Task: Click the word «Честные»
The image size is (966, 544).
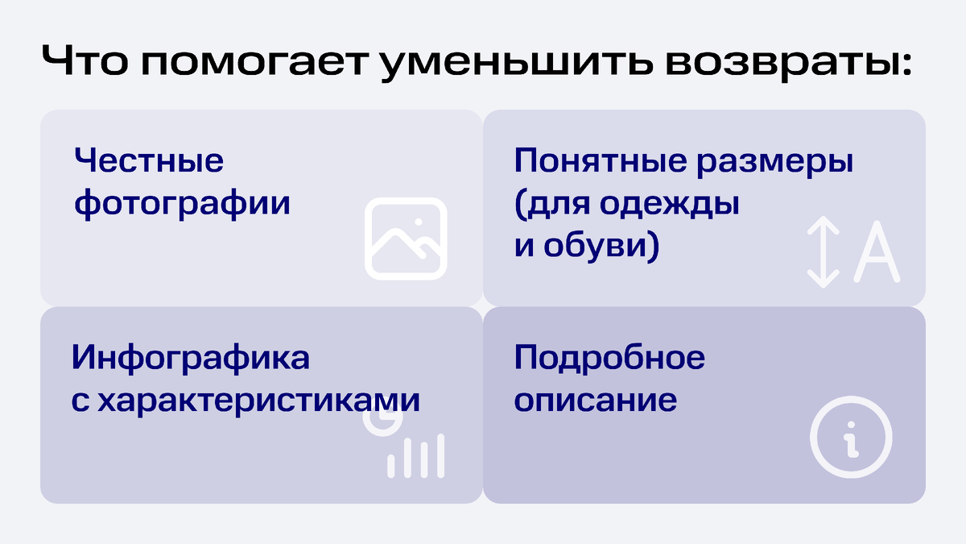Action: [149, 160]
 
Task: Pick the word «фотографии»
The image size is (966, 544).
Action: [182, 203]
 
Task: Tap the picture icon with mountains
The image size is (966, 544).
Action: [406, 239]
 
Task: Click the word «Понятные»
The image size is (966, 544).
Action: [596, 160]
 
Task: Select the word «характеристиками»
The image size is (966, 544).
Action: [258, 401]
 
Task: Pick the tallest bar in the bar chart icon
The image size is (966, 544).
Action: [440, 455]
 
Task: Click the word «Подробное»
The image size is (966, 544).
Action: [609, 357]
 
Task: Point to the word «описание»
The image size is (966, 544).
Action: [596, 401]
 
